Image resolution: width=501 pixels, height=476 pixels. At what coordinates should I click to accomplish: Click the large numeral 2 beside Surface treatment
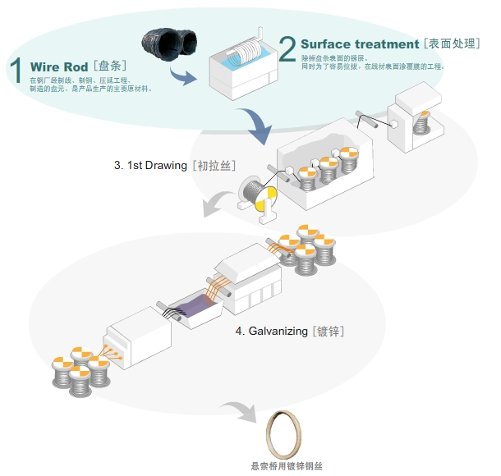(287, 48)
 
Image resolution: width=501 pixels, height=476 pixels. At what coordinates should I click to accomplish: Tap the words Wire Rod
(58, 66)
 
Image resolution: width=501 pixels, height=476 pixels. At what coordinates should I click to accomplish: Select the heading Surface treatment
(360, 43)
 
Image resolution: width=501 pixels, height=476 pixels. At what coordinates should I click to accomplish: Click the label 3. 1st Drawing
(151, 165)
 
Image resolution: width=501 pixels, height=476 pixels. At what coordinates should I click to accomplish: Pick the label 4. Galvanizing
(272, 332)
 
